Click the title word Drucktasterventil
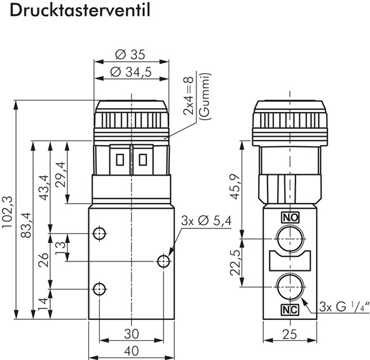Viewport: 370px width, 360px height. pyautogui.click(x=75, y=13)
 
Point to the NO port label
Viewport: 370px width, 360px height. pyautogui.click(x=290, y=218)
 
